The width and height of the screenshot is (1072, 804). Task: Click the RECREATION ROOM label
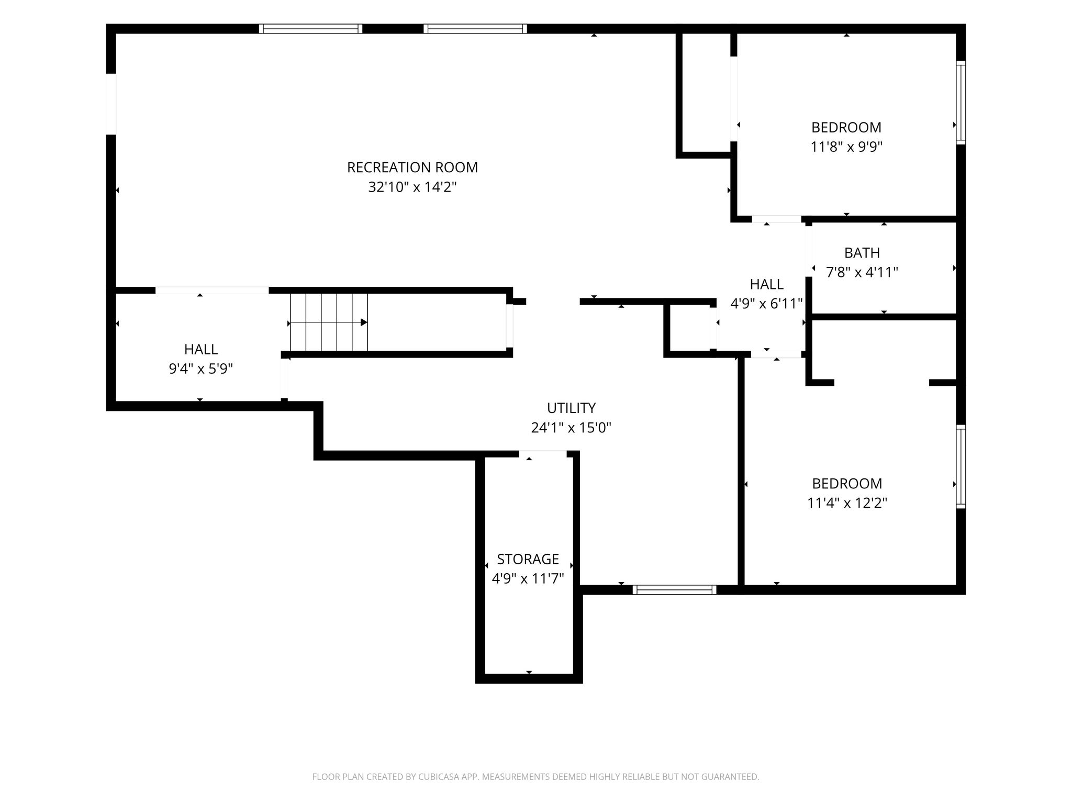(x=412, y=167)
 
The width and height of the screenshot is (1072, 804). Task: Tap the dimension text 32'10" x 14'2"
(x=412, y=187)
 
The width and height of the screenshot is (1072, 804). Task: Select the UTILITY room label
(x=571, y=408)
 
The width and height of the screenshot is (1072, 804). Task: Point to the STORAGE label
(x=528, y=559)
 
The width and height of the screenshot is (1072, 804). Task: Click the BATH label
(x=862, y=253)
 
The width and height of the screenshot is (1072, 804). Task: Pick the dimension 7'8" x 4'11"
(x=862, y=272)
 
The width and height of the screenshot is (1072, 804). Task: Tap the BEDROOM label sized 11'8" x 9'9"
(x=846, y=127)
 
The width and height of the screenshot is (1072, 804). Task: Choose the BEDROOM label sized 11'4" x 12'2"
(x=847, y=483)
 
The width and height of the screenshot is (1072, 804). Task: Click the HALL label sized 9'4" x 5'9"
(x=201, y=349)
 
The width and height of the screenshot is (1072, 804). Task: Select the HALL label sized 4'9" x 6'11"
(x=767, y=284)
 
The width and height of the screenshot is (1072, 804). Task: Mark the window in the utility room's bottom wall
(x=674, y=590)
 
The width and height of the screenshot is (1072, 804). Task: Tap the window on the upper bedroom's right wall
(x=961, y=103)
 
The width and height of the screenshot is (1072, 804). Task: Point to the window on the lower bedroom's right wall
(x=961, y=466)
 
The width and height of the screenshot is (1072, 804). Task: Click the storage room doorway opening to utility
(x=543, y=453)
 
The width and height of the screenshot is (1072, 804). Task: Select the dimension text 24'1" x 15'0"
(x=571, y=428)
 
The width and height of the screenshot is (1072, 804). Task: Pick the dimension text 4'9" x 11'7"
(x=528, y=578)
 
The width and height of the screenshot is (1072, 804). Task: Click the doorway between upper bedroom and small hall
(x=777, y=219)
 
